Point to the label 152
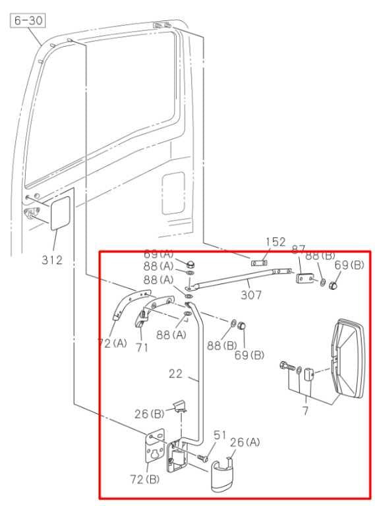pyautogui.click(x=275, y=242)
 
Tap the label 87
pyautogui.click(x=299, y=250)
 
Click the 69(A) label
pyautogui.click(x=159, y=254)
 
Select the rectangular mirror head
pyautogui.click(x=349, y=359)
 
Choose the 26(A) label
pyautogui.click(x=243, y=442)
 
